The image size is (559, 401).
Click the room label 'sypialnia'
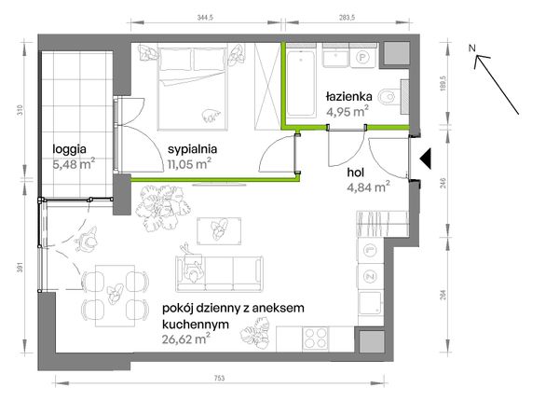(192, 149)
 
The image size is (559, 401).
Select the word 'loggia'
(69, 149)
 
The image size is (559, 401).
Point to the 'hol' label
(356, 173)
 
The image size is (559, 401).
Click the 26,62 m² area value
(185, 339)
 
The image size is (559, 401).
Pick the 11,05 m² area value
(189, 164)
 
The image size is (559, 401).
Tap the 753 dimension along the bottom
(220, 379)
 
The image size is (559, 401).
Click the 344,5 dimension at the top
(205, 18)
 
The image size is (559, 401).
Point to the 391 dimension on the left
(20, 268)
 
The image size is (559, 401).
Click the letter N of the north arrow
(472, 48)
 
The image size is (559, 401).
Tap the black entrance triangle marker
(425, 158)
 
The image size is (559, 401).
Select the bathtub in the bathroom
(301, 84)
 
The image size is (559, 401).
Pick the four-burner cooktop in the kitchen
(315, 338)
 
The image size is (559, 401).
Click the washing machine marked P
(362, 57)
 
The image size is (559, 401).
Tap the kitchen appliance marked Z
(371, 276)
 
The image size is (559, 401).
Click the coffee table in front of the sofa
(219, 231)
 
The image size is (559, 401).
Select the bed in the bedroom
(192, 88)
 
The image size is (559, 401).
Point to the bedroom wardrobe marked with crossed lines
(267, 86)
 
